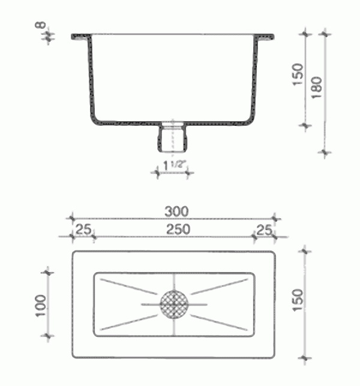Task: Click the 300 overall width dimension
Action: point(176,212)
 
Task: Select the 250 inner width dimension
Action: point(178,230)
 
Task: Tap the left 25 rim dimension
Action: point(83,230)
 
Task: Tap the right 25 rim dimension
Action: point(264,230)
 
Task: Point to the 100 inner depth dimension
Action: point(41,306)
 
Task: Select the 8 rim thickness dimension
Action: point(41,25)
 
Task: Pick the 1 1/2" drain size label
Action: point(174,165)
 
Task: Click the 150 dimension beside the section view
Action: point(298,74)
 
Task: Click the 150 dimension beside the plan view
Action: point(298,300)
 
